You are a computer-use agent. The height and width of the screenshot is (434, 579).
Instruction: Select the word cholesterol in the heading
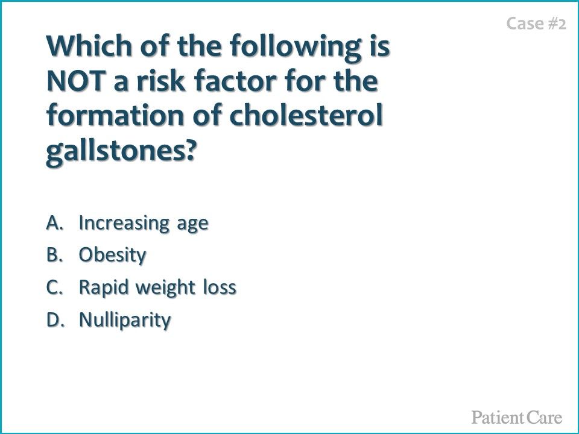click(306, 115)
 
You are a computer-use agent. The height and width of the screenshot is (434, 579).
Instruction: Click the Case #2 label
click(536, 24)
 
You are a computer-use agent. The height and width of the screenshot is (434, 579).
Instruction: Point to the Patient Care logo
click(517, 417)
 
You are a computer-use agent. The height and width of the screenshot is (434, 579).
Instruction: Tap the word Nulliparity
click(125, 320)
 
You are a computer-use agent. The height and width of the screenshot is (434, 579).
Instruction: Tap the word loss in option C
click(220, 287)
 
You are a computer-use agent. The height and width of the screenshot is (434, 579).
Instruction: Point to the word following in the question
click(295, 47)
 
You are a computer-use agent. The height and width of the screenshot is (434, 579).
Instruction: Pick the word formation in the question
click(115, 115)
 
